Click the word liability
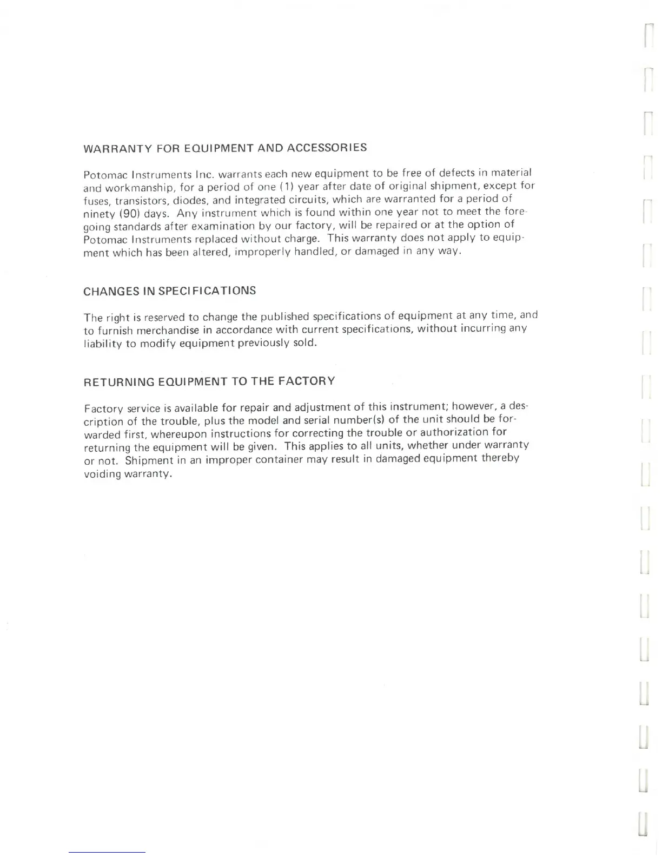tap(102, 344)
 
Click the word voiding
tap(102, 474)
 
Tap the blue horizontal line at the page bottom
tap(107, 853)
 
